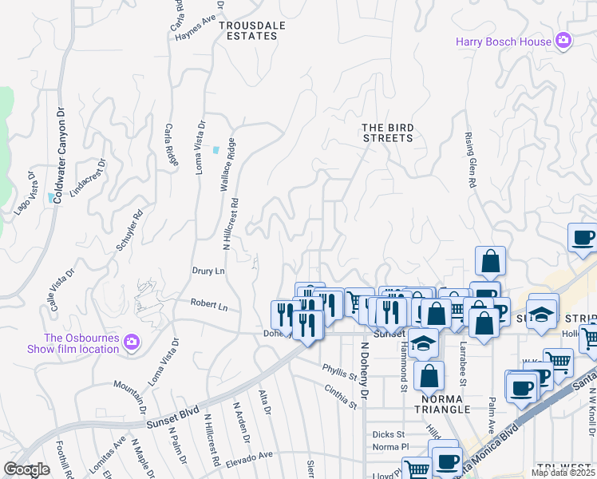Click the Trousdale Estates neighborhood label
click(252, 30)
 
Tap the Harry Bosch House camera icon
click(564, 41)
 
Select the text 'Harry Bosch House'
click(504, 42)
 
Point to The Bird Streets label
click(387, 133)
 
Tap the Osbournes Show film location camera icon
click(132, 342)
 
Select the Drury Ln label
click(208, 271)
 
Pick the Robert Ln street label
click(208, 306)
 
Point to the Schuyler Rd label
click(129, 230)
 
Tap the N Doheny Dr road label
click(365, 370)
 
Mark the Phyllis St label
click(338, 371)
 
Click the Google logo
click(27, 469)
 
